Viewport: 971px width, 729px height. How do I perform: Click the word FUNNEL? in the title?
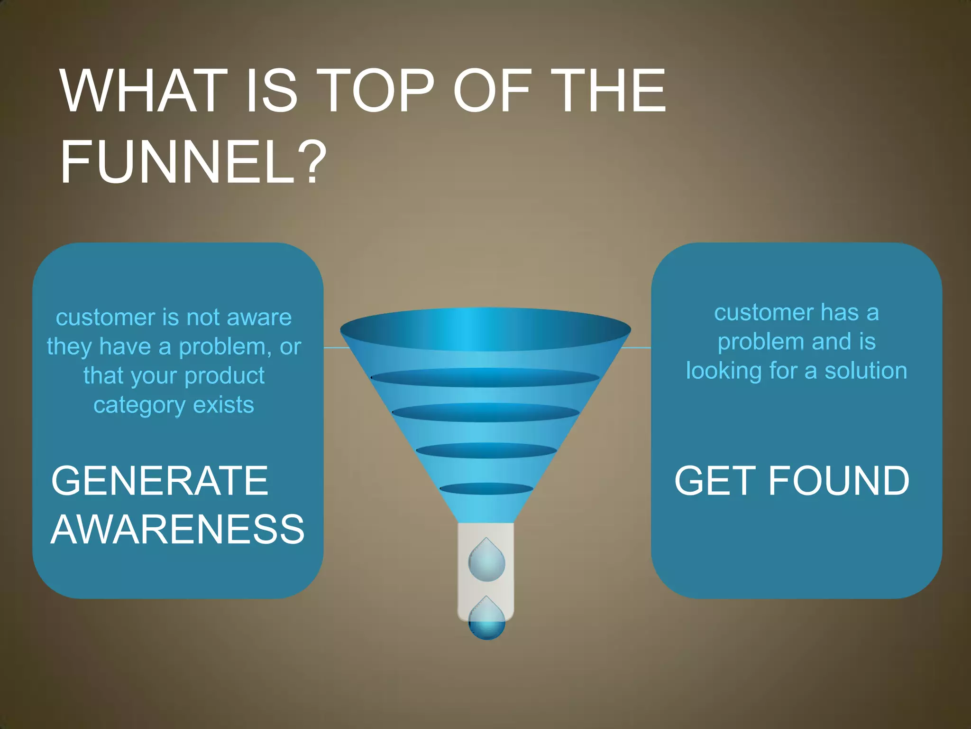tap(193, 161)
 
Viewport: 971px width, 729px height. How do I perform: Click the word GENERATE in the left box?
tap(160, 481)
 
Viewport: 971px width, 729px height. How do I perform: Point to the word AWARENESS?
tap(177, 529)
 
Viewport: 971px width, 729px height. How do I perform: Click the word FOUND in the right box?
tap(838, 481)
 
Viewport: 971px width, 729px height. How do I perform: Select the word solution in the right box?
tap(866, 371)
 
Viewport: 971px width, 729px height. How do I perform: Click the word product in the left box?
tap(224, 376)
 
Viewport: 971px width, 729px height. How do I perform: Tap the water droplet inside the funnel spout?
tap(486, 561)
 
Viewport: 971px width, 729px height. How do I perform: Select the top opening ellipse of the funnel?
tap(485, 328)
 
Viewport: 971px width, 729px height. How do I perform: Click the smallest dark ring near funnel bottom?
tap(486, 488)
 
